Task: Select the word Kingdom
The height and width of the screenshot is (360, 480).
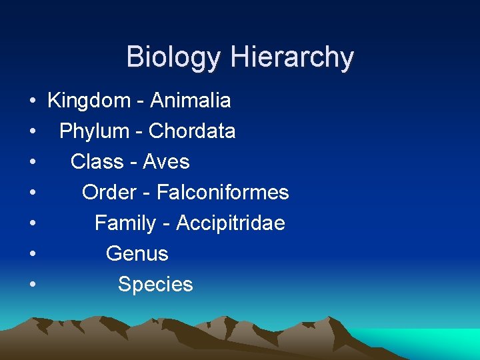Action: tap(89, 101)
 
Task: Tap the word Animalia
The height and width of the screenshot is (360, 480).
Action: tap(191, 101)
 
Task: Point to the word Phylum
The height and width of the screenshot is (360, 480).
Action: tap(93, 131)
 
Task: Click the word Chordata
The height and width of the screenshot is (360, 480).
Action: tap(192, 131)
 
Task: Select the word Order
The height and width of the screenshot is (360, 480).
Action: tap(109, 193)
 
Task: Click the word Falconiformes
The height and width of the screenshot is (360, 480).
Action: tap(223, 193)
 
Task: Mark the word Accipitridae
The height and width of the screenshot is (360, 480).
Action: tap(231, 223)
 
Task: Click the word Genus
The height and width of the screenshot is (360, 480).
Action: tap(137, 254)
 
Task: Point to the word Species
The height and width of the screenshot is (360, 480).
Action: tap(155, 285)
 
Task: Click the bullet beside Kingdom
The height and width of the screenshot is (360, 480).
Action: tap(32, 101)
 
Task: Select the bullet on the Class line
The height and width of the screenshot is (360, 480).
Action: tap(32, 163)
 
